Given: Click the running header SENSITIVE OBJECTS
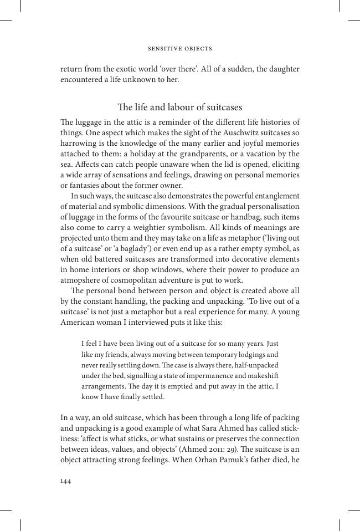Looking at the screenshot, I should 180,49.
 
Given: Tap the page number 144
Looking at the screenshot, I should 65,481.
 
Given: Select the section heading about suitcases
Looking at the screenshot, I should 180,107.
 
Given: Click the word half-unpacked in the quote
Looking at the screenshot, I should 254,365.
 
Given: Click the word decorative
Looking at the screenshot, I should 240,259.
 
